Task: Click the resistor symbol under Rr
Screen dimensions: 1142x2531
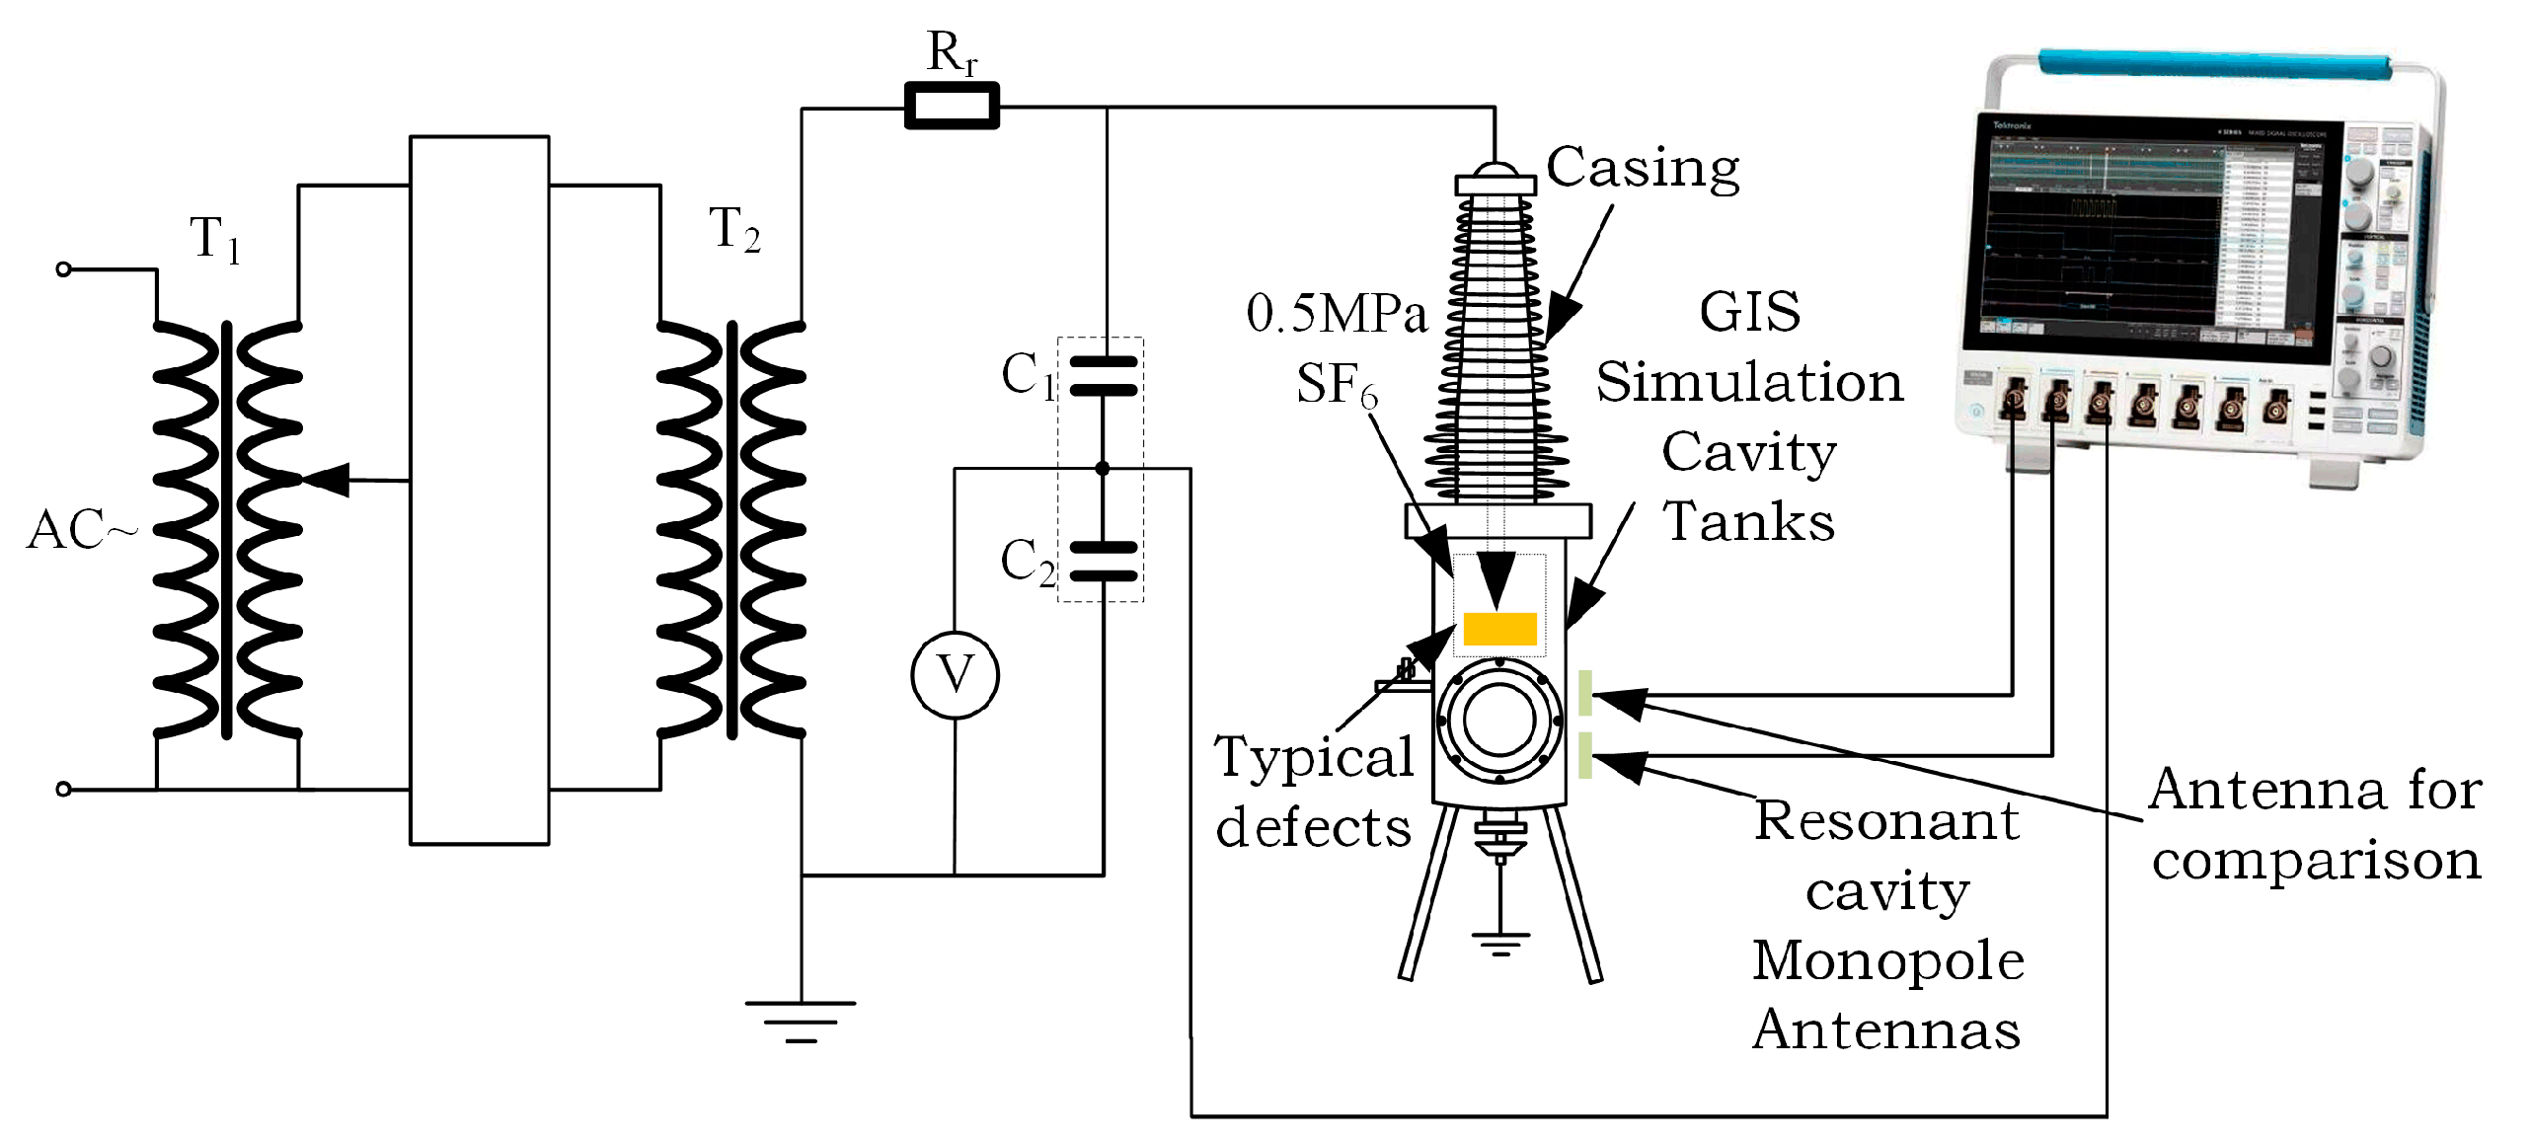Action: click(x=952, y=106)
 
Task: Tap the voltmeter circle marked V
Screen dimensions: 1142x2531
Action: click(x=955, y=675)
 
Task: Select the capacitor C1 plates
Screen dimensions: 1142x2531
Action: click(x=1104, y=376)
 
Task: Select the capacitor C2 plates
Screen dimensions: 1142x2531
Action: click(x=1104, y=562)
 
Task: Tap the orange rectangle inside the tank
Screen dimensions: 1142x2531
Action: click(x=1499, y=629)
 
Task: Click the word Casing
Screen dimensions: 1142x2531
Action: click(x=1642, y=168)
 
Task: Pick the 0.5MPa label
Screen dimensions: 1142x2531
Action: click(x=1337, y=314)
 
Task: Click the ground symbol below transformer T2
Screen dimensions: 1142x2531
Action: click(x=801, y=1021)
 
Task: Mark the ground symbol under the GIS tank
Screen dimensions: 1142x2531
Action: click(x=1500, y=944)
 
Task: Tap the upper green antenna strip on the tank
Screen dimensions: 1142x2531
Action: click(x=1584, y=692)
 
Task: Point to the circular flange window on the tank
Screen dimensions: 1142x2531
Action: click(x=1499, y=720)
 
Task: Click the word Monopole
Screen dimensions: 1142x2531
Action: click(x=1887, y=960)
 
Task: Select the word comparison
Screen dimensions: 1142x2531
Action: click(x=2316, y=860)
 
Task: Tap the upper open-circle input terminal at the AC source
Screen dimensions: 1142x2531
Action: click(x=64, y=269)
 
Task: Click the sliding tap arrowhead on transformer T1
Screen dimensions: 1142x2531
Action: click(x=326, y=480)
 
